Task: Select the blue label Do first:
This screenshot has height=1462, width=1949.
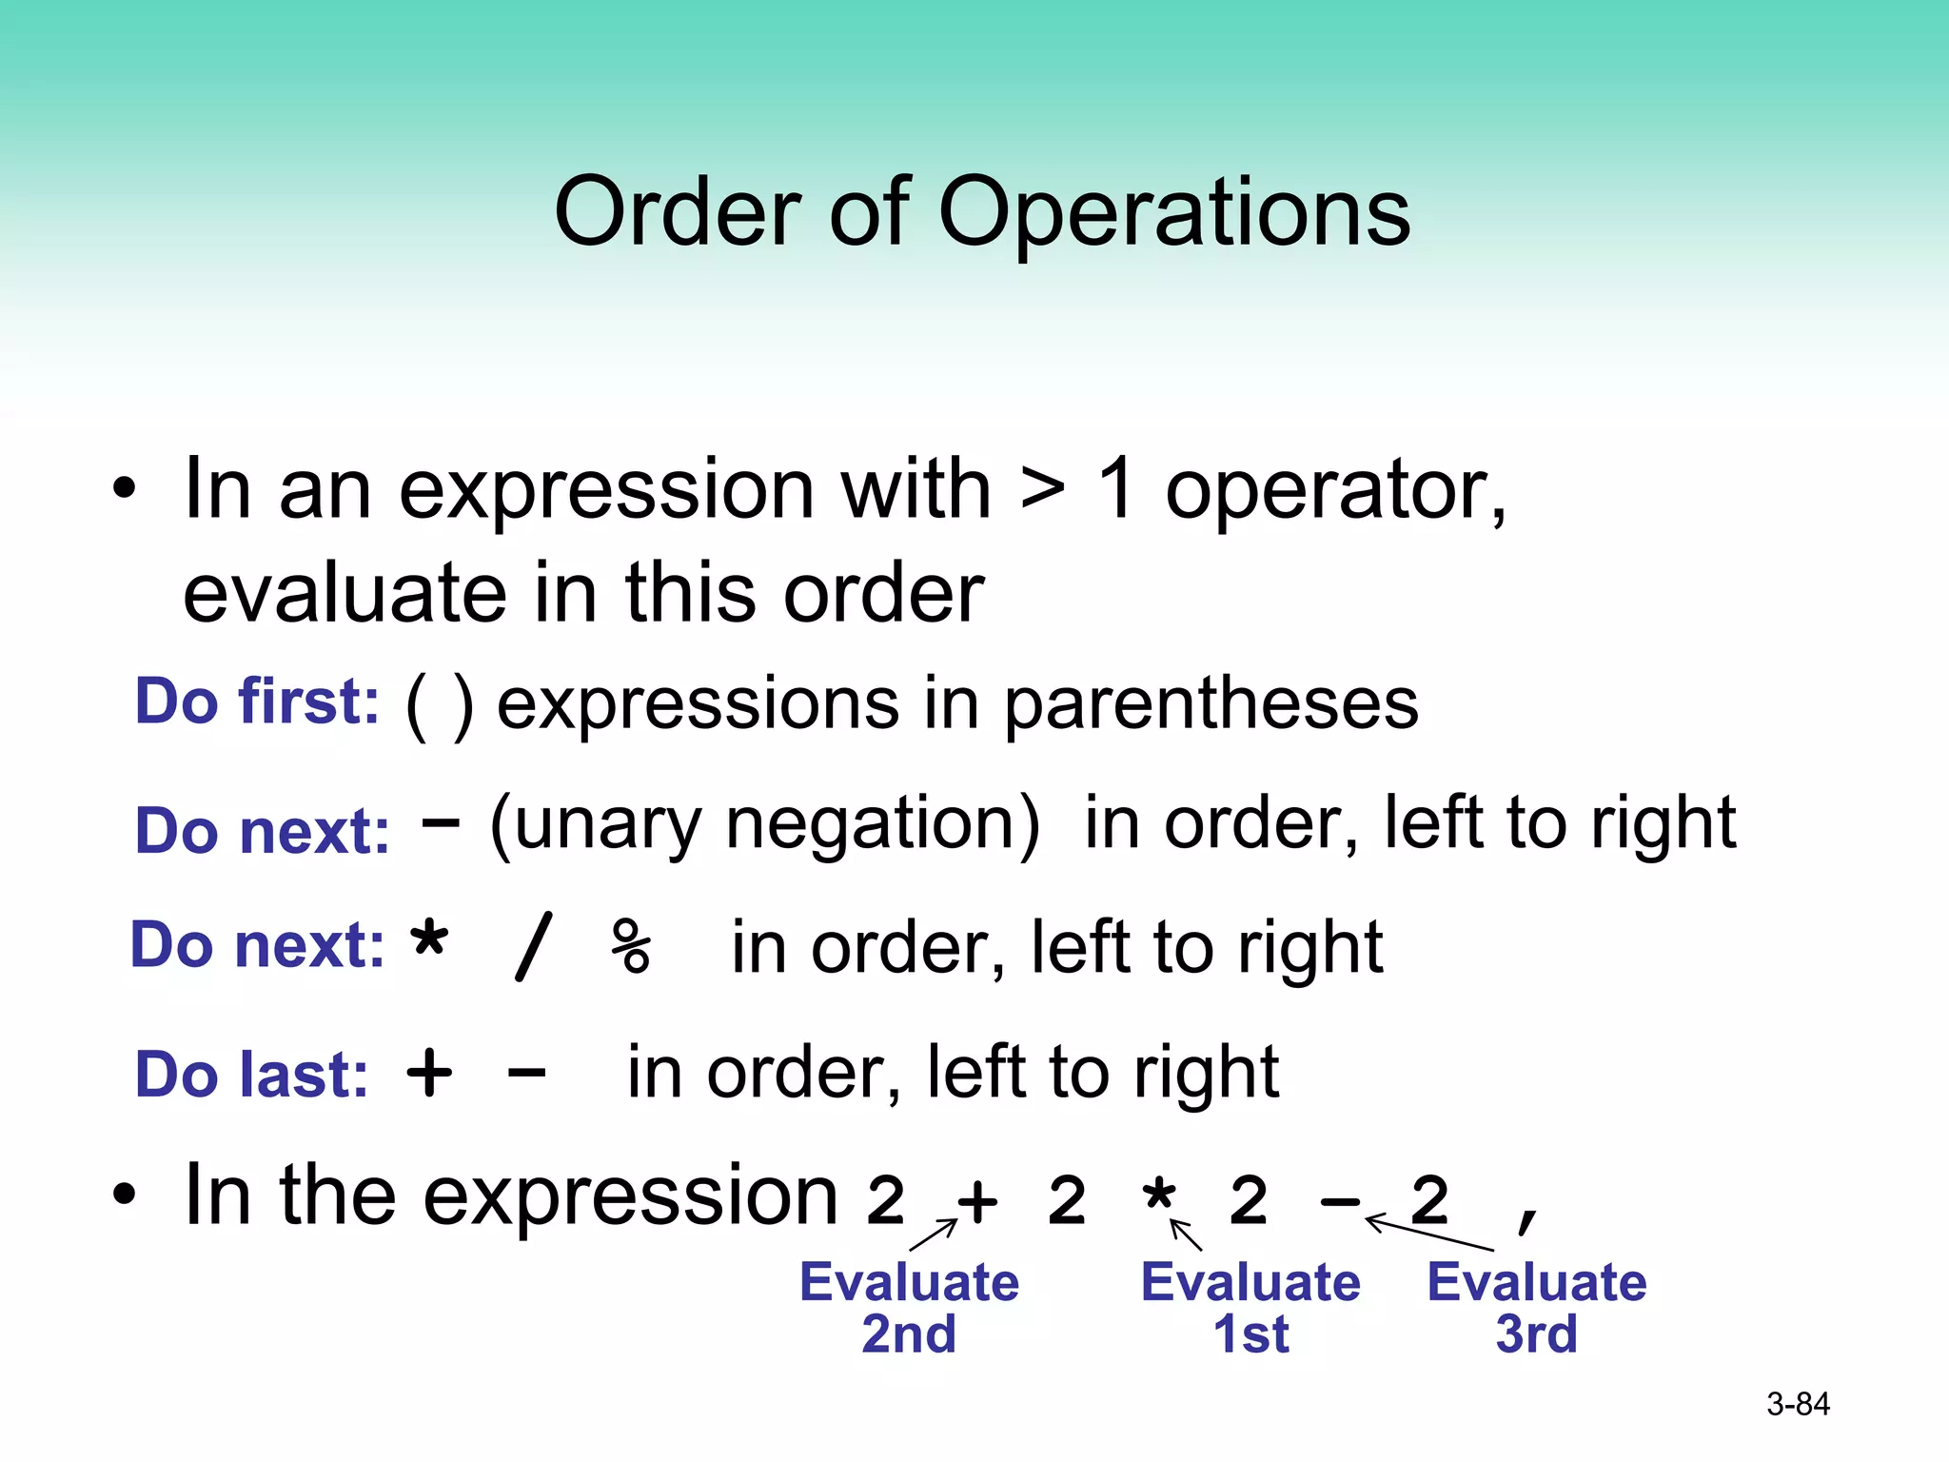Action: click(x=257, y=701)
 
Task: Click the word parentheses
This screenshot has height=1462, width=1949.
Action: click(x=1211, y=705)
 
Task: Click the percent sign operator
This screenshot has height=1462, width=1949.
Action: click(x=631, y=947)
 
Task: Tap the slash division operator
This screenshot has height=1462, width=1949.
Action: click(x=533, y=947)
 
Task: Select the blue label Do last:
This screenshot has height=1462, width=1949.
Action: click(x=251, y=1075)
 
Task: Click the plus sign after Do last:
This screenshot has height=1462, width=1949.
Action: click(x=429, y=1074)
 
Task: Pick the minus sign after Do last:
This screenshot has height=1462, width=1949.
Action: click(x=526, y=1075)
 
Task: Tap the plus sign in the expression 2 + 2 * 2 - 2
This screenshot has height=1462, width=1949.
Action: click(x=977, y=1202)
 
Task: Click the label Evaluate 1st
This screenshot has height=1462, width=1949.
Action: click(x=1250, y=1307)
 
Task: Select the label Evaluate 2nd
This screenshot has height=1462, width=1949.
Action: click(x=909, y=1307)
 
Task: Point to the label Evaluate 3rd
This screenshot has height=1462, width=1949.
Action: click(x=1536, y=1307)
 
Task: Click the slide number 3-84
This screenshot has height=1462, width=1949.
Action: click(x=1798, y=1404)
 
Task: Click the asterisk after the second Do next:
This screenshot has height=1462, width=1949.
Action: click(x=429, y=940)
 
